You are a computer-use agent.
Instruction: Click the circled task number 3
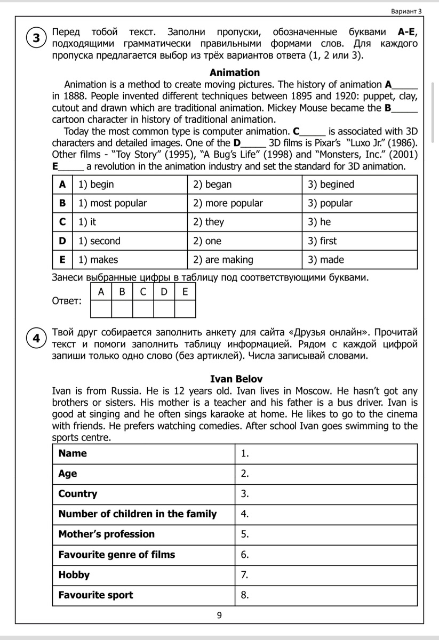(36, 38)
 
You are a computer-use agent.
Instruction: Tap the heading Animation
(235, 73)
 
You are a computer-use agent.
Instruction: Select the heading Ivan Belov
(236, 379)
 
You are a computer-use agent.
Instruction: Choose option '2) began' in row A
(212, 185)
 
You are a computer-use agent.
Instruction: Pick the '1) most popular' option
(112, 203)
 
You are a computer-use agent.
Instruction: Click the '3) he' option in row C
(319, 222)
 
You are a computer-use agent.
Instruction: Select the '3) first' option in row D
(322, 241)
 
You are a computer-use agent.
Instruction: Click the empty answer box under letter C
(143, 309)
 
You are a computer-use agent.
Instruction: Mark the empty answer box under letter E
(185, 309)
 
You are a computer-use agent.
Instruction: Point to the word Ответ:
(67, 302)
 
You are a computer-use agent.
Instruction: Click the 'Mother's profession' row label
(107, 534)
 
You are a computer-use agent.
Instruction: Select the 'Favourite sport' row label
(96, 595)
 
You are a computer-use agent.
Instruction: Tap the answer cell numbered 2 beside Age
(326, 474)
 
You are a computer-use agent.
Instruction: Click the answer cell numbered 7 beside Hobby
(326, 575)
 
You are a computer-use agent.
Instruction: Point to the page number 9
(220, 616)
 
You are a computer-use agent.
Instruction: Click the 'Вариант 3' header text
(406, 11)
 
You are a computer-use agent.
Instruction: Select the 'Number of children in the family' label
(138, 514)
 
